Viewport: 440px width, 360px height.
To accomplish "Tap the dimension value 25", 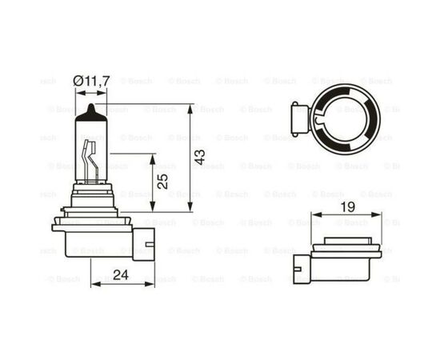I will [163, 181].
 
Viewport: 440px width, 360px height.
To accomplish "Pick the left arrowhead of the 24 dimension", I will [94, 284].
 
